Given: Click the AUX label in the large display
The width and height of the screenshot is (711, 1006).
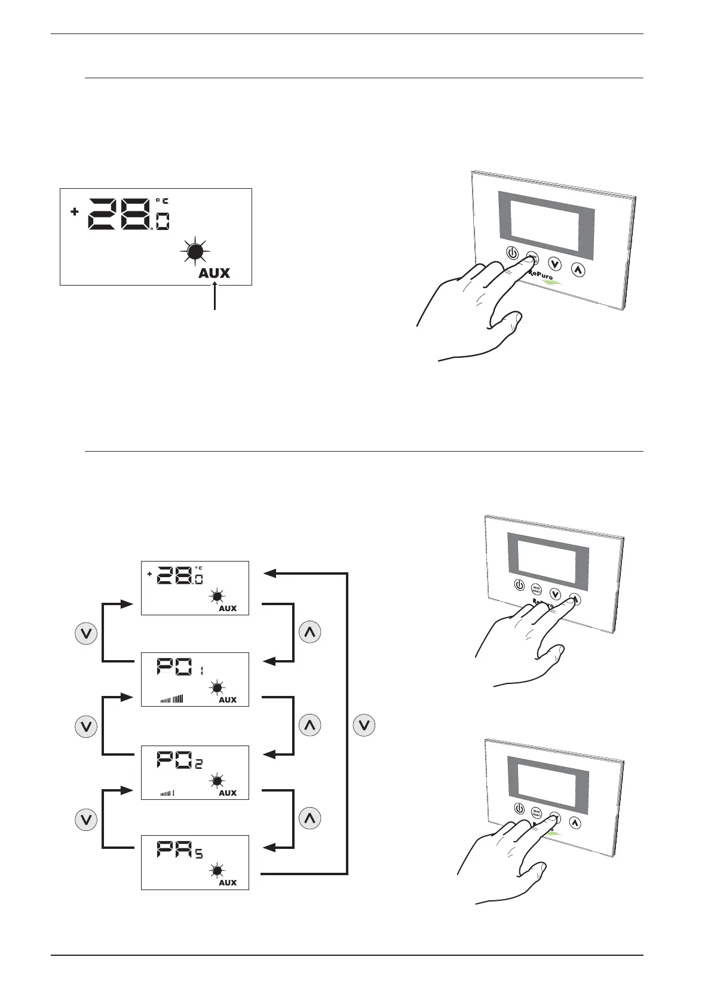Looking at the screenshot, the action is pos(214,273).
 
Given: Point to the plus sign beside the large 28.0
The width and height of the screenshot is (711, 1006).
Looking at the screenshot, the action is pos(75,211).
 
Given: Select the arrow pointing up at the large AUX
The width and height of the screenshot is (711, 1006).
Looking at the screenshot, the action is pos(214,297).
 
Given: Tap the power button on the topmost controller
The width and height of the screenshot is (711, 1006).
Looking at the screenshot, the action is pos(513,253).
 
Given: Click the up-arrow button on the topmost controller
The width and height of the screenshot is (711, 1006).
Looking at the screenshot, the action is pos(578,269).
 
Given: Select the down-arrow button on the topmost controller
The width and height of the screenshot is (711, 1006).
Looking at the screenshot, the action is pos(556,263).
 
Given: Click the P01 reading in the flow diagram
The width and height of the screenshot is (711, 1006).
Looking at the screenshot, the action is pos(180,667).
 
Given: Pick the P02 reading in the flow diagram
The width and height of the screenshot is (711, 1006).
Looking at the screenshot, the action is pos(180,760).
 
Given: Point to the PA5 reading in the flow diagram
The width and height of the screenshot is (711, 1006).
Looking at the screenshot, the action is pos(180,849).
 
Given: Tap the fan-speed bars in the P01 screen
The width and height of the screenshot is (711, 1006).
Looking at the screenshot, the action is pos(171,699).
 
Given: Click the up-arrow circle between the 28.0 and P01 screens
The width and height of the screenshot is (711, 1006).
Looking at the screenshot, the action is pos(309,633).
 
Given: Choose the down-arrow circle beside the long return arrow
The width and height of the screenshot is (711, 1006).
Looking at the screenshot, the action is pos(364,726).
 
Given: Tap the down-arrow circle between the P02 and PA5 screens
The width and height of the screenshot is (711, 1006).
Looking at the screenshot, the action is pos(86,820).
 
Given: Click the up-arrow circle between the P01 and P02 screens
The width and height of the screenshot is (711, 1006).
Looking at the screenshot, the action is pos(309,725).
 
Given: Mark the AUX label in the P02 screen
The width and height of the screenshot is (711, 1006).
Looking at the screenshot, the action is pos(228,793).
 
